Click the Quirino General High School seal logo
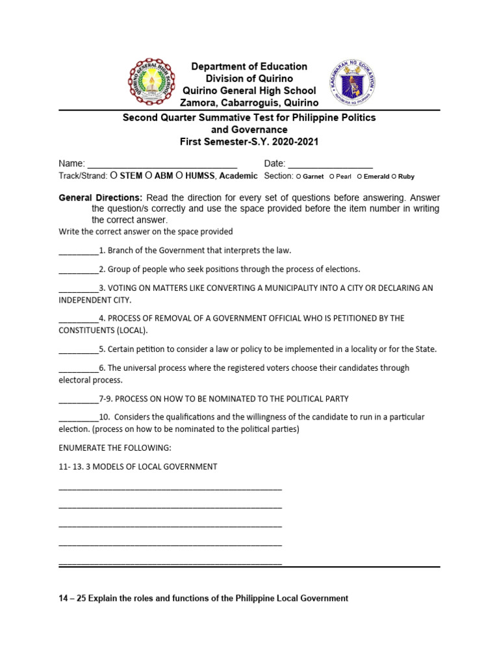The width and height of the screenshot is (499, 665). pyautogui.click(x=151, y=84)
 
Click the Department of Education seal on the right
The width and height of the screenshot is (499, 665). pyautogui.click(x=353, y=84)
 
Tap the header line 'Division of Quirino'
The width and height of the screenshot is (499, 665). pyautogui.click(x=249, y=79)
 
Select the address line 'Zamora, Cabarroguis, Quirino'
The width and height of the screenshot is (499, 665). pyautogui.click(x=249, y=103)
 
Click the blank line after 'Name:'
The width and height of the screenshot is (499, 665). pyautogui.click(x=162, y=164)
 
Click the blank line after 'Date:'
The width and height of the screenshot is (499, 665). pyautogui.click(x=330, y=164)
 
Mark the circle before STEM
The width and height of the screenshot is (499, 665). pyautogui.click(x=113, y=175)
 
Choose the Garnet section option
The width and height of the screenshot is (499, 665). pyautogui.click(x=298, y=176)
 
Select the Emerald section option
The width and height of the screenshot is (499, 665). pyautogui.click(x=359, y=176)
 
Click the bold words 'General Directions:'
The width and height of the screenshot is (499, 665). pyautogui.click(x=101, y=197)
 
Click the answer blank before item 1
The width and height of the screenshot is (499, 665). pyautogui.click(x=78, y=251)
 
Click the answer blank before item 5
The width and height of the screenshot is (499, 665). pyautogui.click(x=78, y=349)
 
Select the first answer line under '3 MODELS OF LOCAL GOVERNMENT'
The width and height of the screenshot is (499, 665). pyautogui.click(x=170, y=488)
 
